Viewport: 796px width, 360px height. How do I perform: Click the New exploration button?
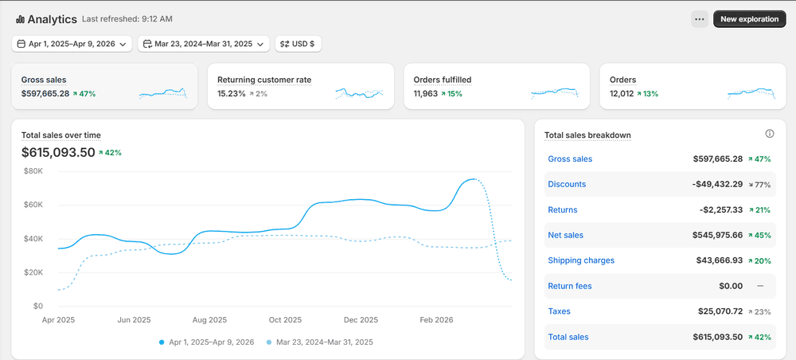749,19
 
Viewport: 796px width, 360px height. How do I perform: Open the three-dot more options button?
699,19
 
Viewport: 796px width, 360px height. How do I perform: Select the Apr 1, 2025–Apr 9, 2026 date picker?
72,45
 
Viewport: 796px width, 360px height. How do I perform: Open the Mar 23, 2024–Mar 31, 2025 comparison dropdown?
203,45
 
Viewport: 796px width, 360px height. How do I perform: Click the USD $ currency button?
298,45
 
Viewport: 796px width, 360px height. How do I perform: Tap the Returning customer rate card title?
264,80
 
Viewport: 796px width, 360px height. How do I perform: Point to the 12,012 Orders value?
622,94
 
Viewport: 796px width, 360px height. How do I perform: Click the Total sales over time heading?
61,135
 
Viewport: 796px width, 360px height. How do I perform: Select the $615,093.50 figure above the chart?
58,152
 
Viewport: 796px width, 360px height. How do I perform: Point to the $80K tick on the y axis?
33,171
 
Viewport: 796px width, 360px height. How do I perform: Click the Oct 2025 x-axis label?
286,319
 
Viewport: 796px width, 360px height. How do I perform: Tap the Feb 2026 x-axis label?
437,319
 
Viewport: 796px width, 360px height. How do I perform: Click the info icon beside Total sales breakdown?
770,134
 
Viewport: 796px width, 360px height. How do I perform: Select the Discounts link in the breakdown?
567,185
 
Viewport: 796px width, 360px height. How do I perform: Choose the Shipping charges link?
581,260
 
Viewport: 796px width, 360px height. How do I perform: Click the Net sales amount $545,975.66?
717,236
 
